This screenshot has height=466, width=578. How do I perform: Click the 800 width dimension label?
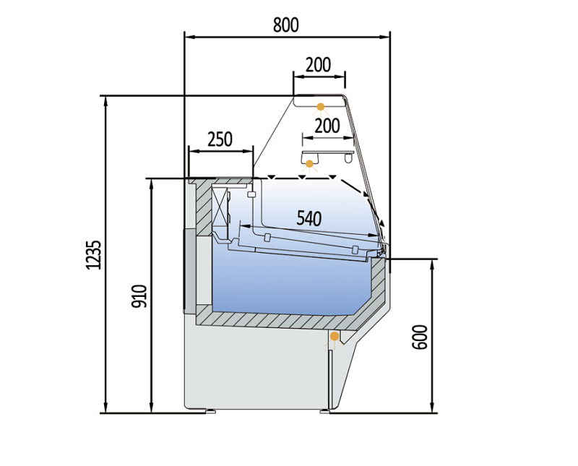(286, 24)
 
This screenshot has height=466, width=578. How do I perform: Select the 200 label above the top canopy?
(318, 64)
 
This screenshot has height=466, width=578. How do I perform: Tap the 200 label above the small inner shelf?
(327, 125)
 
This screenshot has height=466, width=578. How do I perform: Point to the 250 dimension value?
(220, 139)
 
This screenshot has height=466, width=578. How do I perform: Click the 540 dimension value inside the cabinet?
(309, 217)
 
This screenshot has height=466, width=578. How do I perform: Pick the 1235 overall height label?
(92, 254)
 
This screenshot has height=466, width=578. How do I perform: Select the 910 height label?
(140, 296)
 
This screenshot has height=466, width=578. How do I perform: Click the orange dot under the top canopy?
(319, 106)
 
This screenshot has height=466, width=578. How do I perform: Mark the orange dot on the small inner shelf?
(310, 163)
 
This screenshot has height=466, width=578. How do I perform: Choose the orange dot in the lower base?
(335, 337)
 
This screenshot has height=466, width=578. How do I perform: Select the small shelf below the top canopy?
(327, 154)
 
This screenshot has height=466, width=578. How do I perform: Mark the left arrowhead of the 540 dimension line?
(243, 226)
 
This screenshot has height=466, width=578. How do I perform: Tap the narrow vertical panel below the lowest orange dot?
(331, 376)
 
